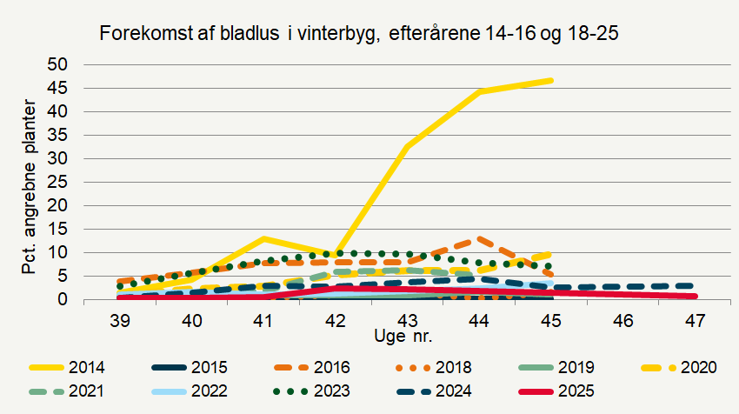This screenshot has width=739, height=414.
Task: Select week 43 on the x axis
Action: (x=408, y=320)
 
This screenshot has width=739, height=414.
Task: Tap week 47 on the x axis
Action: (x=695, y=320)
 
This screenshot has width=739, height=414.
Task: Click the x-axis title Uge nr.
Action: (x=407, y=335)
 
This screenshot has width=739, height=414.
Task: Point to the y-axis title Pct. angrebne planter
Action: (x=29, y=186)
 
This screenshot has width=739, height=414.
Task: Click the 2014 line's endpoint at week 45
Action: (x=551, y=81)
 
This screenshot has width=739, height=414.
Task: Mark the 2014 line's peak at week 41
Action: (x=263, y=238)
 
